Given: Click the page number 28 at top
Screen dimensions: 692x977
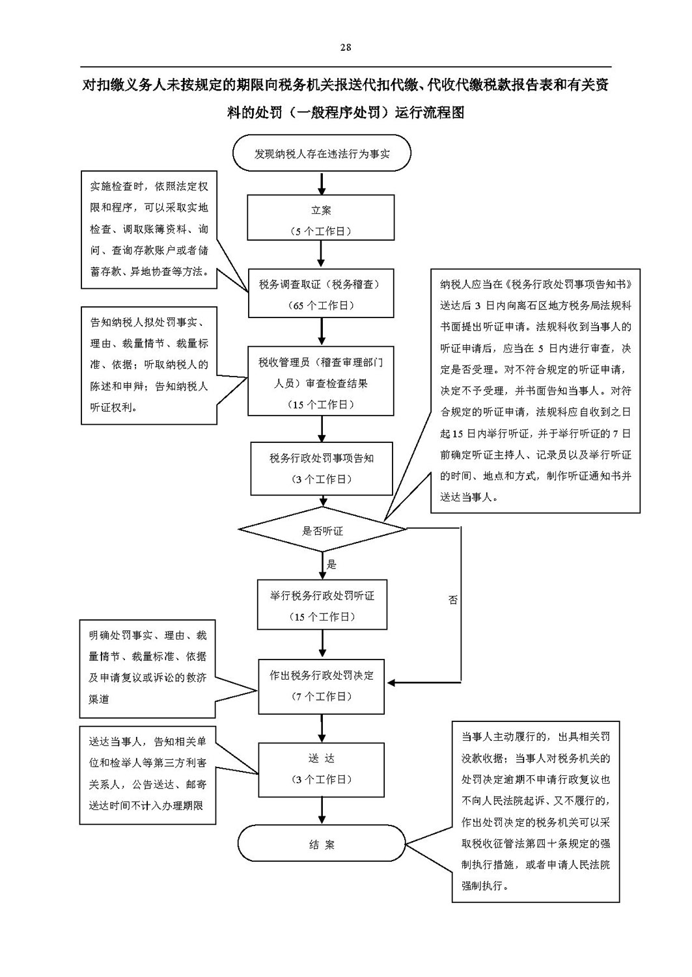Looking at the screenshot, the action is (345, 47).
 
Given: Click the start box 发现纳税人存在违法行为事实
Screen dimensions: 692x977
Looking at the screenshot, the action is (322, 153).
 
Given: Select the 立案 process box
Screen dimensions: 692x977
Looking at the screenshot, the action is (321, 217).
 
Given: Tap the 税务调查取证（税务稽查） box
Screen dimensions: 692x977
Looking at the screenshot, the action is (321, 293).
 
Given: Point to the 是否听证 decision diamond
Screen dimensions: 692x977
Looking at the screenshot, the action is (323, 529).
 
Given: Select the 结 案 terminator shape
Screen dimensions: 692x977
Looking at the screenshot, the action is (322, 844).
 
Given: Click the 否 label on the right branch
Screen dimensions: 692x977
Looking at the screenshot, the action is (452, 600).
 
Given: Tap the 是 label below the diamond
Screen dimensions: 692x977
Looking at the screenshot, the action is (332, 565).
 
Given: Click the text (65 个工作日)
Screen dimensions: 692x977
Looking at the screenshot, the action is (322, 305).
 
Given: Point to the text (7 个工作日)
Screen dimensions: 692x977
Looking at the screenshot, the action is (322, 697).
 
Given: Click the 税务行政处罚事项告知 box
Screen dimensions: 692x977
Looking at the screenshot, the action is (322, 468).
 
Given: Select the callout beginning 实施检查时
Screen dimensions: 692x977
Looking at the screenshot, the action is (149, 230).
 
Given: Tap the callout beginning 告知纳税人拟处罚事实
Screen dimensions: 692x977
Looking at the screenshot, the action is (149, 365).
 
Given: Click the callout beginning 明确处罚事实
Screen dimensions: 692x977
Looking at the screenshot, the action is (148, 669).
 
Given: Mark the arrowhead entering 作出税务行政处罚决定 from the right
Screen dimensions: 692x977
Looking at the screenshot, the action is (391, 682).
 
